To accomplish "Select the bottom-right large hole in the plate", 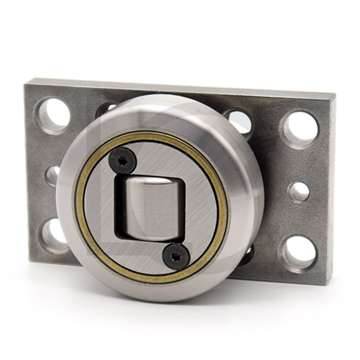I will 299,250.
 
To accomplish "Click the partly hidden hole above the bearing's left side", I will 108,107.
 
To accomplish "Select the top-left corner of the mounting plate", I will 26,79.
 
